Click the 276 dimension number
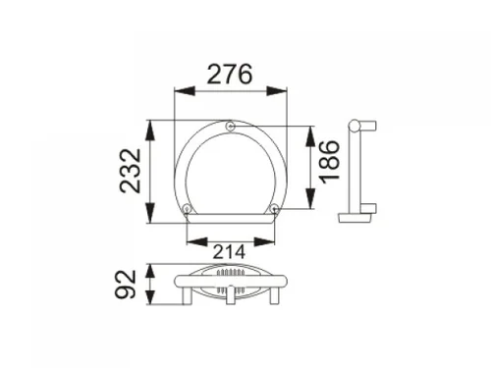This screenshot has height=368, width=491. (x=230, y=75)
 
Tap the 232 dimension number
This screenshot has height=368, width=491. (x=131, y=171)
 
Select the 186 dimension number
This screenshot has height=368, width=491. (x=330, y=162)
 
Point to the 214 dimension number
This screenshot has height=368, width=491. (x=229, y=252)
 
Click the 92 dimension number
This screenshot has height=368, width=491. (x=126, y=284)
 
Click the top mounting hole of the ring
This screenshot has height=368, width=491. (x=231, y=126)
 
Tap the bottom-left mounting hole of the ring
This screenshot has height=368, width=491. (x=187, y=208)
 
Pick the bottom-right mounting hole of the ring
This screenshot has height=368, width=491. (x=274, y=208)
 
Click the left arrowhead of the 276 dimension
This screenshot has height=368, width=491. (x=185, y=91)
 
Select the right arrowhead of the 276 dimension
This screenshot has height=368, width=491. (x=277, y=91)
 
